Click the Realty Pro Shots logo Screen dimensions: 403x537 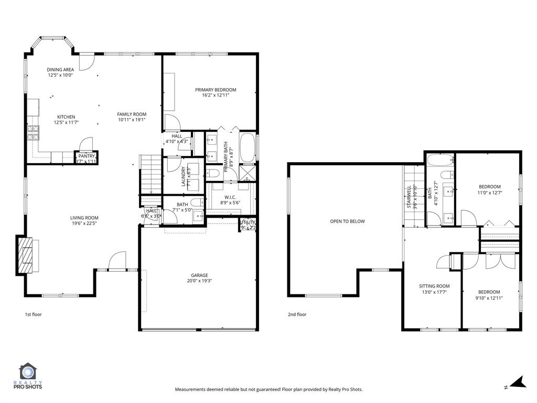coord(30,377)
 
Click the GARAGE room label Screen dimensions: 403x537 coord(199,275)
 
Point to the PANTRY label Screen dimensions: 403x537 coord(87,156)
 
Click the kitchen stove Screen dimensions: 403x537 coord(33,133)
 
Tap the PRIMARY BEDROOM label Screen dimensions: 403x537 coord(216,90)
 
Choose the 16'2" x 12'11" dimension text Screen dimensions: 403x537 coord(216,96)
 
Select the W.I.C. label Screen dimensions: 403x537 coord(231,197)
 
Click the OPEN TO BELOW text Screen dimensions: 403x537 coord(347,221)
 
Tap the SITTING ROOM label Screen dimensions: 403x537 coord(434,286)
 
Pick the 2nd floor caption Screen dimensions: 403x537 coord(297,315)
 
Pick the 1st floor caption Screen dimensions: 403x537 coord(33,315)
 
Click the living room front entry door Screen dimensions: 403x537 coord(117,261)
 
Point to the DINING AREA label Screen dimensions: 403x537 coord(60,69)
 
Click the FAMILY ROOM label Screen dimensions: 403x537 coord(132,114)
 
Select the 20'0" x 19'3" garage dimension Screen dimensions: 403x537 coord(199,281)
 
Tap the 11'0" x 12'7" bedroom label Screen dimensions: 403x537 coord(489,193)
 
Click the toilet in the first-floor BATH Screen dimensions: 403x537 coord(197,203)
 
